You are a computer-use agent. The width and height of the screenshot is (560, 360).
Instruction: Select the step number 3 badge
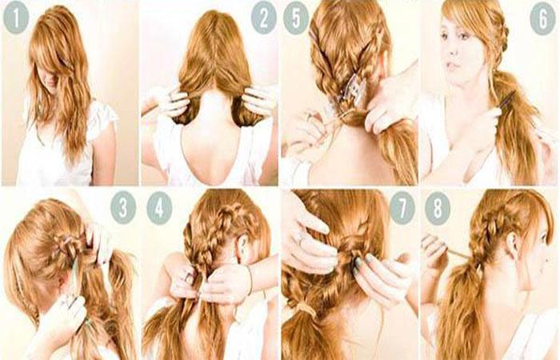point(123,208)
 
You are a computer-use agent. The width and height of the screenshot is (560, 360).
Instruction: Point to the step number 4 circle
point(160,208)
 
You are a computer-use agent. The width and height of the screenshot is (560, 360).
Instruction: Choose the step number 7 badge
point(402,208)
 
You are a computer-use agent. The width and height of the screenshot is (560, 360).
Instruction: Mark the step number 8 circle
point(438,208)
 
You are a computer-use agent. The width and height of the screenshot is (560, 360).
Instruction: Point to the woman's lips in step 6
point(453,65)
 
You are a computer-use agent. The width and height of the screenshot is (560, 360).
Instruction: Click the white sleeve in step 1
point(103,118)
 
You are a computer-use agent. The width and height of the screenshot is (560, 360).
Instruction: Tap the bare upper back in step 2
point(211,143)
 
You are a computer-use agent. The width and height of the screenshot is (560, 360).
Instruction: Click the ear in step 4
point(244,247)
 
